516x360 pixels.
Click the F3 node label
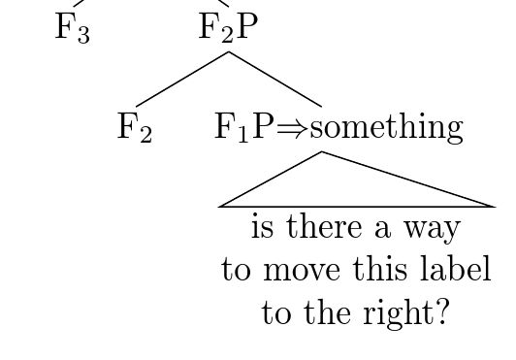[72, 27]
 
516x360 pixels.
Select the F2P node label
[229, 27]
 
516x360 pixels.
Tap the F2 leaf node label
[134, 126]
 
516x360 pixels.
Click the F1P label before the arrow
[244, 126]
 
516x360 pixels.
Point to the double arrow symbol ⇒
[292, 127]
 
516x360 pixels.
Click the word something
[385, 126]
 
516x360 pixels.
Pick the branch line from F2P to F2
[182, 79]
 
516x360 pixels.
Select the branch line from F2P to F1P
[275, 79]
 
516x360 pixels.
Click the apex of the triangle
[322, 152]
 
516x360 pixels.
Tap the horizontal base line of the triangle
[357, 207]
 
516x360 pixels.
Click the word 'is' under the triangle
[262, 228]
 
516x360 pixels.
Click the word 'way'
[433, 230]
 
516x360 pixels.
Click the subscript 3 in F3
[83, 35]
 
